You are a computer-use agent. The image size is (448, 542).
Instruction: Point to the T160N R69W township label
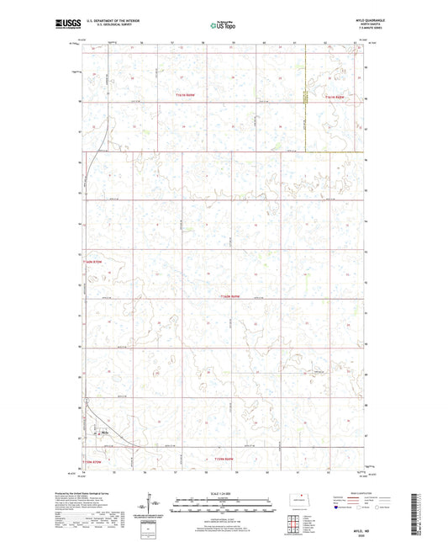pyautogui.click(x=231, y=296)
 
